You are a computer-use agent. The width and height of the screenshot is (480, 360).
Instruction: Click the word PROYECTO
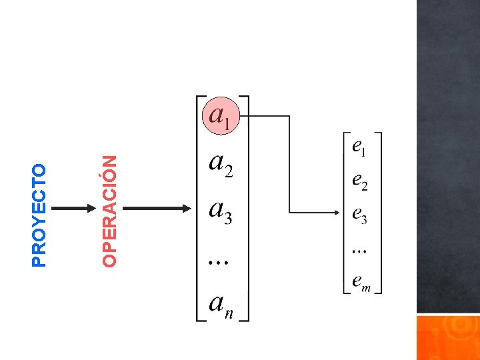40,215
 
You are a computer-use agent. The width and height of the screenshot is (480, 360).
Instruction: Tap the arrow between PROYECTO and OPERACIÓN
74,209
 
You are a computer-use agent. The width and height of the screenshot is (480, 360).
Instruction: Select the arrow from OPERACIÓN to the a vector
158,209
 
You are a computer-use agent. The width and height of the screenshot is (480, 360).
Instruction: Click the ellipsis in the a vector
218,262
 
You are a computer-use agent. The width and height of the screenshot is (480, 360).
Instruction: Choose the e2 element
359,181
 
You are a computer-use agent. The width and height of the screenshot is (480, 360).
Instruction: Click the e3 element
359,215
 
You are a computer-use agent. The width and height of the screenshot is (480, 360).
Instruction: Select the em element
361,284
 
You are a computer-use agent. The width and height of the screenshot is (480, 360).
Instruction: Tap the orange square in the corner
448,337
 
